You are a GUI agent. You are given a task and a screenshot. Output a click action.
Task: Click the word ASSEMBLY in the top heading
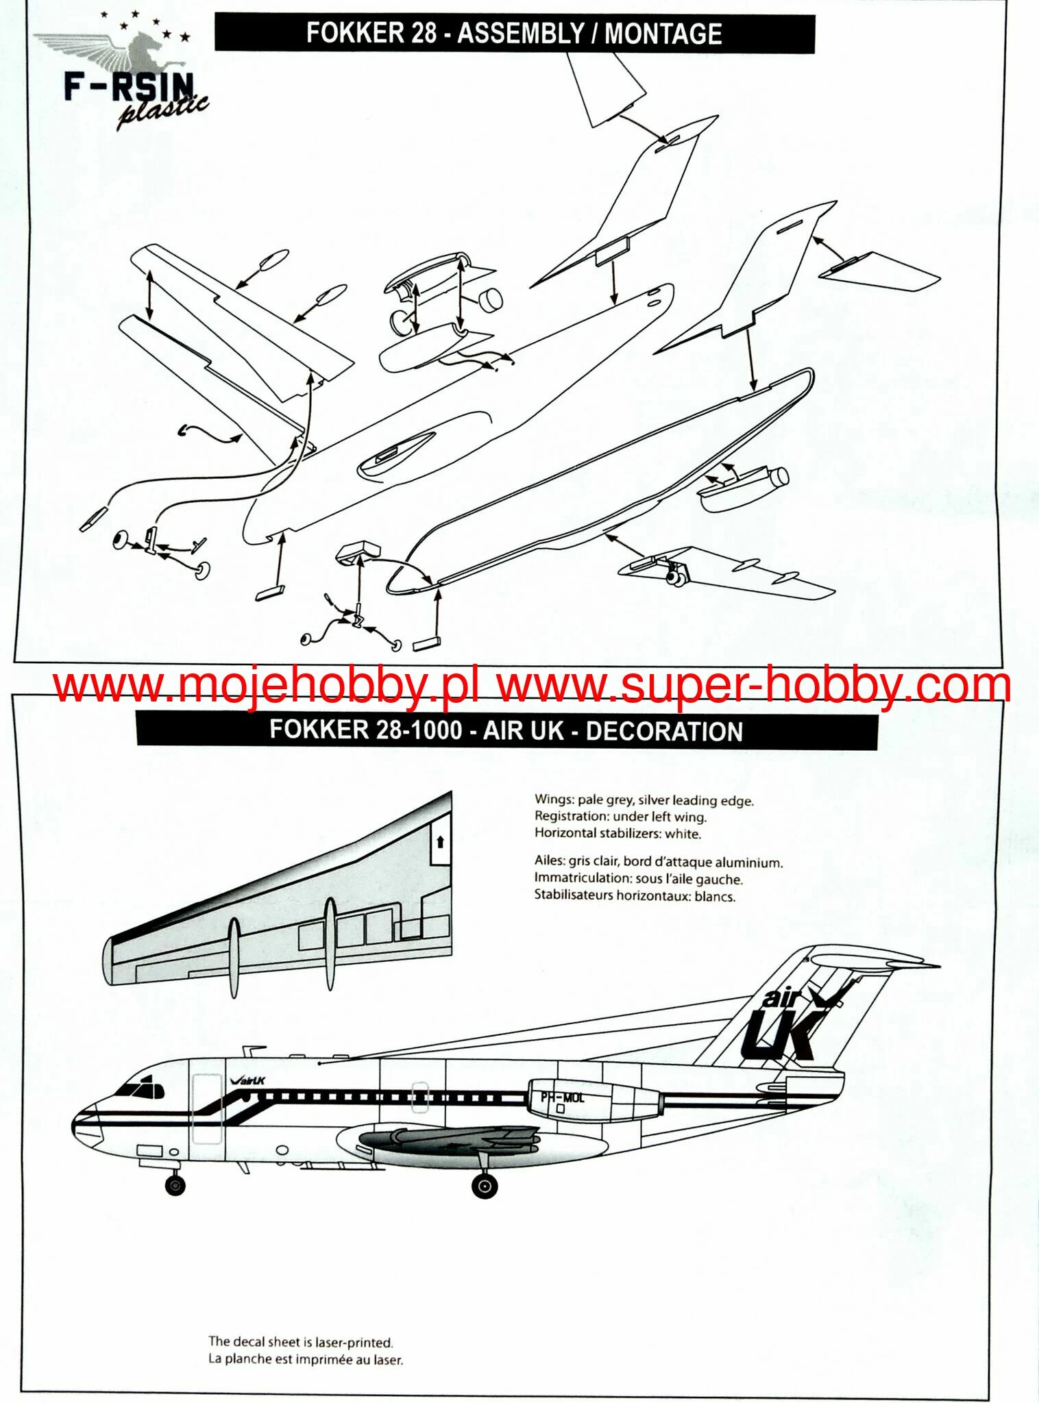[521, 34]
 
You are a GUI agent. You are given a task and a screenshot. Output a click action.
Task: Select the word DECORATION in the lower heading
[664, 731]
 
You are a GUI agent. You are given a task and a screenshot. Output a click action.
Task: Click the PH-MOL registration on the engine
[563, 1097]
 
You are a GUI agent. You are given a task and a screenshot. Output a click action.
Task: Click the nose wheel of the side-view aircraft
[175, 1184]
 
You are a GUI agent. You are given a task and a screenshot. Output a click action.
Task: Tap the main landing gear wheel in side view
[485, 1185]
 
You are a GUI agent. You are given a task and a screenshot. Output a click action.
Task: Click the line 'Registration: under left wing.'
[620, 817]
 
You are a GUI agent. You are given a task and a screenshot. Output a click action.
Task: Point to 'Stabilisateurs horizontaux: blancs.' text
[635, 896]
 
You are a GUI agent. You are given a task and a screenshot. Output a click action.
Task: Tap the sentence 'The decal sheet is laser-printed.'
[301, 1342]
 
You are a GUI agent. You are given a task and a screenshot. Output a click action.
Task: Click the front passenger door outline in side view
[207, 1109]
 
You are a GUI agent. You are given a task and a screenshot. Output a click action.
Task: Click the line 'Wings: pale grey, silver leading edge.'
[644, 800]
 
